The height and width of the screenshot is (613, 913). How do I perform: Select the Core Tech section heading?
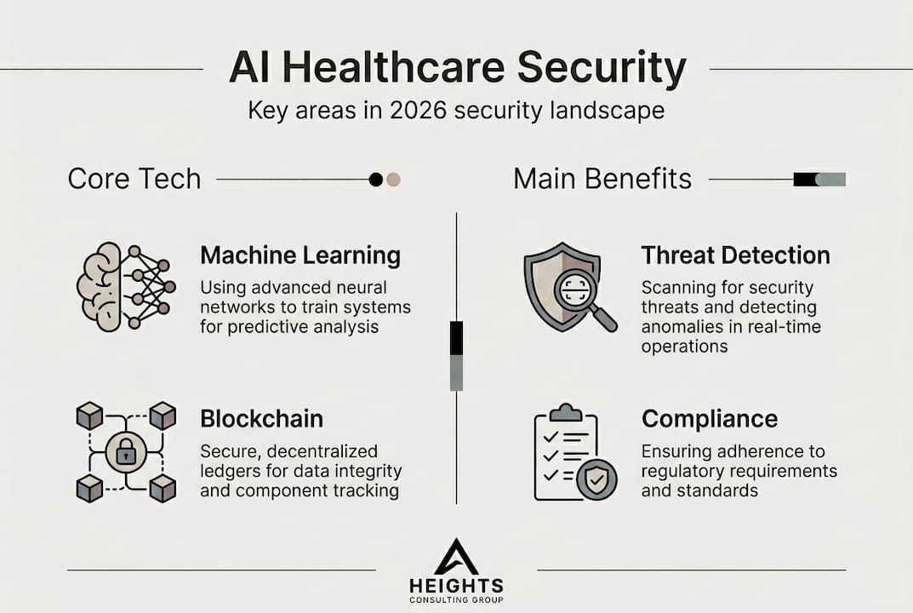point(134,178)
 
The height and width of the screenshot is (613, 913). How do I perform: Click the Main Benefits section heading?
point(602,178)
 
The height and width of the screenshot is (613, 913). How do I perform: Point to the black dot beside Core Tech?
point(376,180)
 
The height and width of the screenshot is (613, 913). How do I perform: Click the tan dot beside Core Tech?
point(393,180)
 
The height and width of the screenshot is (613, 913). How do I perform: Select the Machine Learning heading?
point(300,255)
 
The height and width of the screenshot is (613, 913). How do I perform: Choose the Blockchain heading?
point(261,418)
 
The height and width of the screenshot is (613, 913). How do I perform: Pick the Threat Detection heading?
point(736,255)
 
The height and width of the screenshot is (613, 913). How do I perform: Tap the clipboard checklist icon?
point(575,452)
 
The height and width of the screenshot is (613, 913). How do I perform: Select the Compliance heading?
point(710,418)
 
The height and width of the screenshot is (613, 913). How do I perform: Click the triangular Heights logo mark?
point(456,557)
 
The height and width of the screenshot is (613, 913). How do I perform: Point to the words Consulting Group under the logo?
point(456,599)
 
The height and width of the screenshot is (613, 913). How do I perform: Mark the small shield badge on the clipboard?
point(596,480)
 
